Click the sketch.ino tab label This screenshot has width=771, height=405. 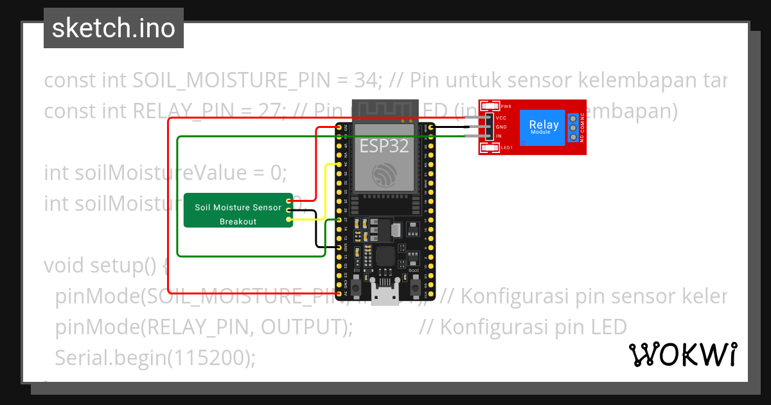click(114, 28)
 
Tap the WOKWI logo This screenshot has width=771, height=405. click(682, 354)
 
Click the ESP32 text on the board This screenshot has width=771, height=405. click(384, 146)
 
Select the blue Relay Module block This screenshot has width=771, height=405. click(544, 127)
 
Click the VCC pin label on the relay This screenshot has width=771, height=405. click(501, 118)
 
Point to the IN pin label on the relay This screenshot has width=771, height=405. click(499, 136)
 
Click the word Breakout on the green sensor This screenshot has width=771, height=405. click(238, 221)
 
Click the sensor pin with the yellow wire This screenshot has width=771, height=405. click(290, 220)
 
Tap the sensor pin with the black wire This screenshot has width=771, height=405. click(290, 210)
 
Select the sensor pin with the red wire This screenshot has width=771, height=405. click(290, 201)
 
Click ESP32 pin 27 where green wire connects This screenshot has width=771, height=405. click(339, 220)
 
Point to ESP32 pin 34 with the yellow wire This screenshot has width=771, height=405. click(339, 165)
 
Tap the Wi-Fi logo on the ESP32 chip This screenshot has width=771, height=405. click(384, 175)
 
